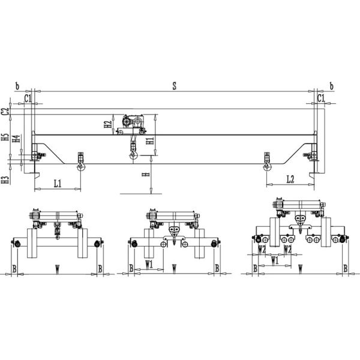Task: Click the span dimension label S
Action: tap(175, 86)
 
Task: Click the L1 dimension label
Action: tap(58, 184)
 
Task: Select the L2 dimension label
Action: tap(290, 179)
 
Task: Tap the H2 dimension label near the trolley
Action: tap(108, 124)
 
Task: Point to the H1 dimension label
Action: tap(150, 140)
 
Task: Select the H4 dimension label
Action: tap(16, 139)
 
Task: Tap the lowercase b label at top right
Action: tap(332, 86)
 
